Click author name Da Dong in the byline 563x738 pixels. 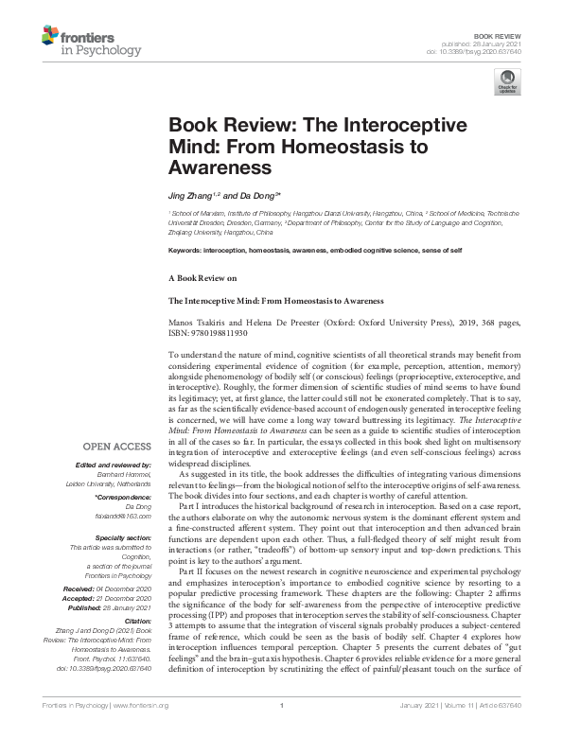point(253,193)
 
